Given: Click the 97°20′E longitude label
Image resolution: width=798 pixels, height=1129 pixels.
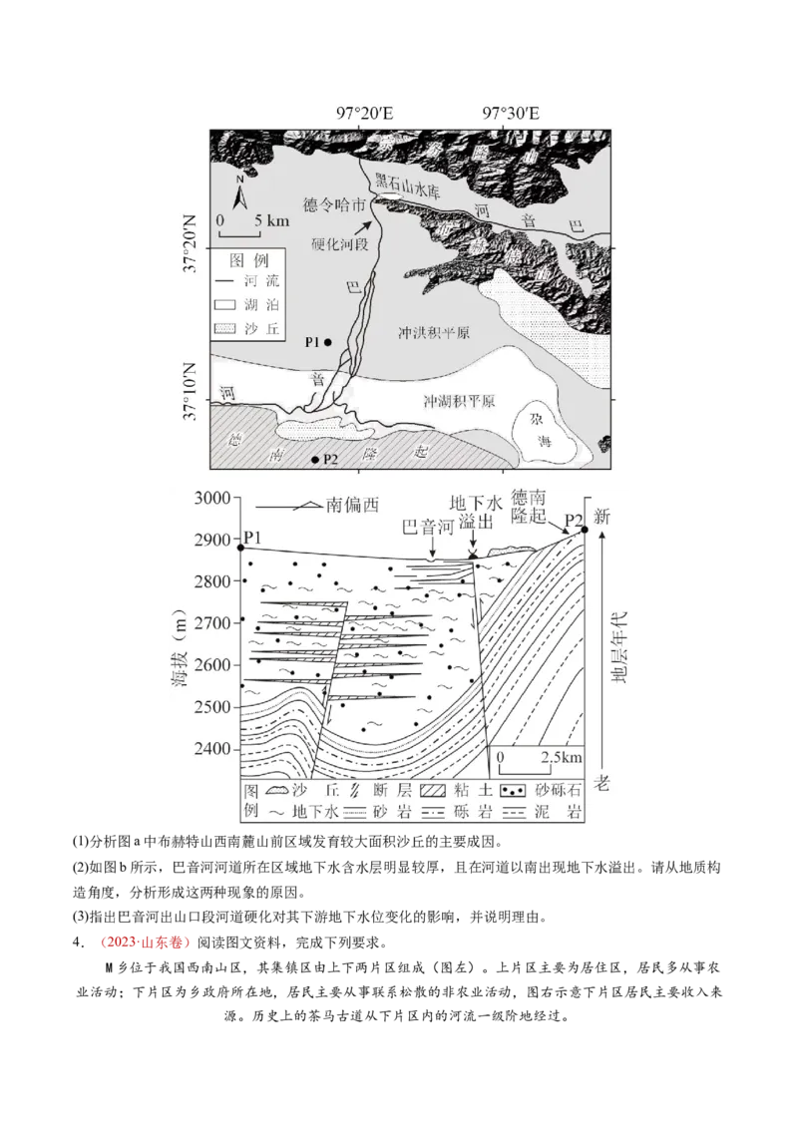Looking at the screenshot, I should tap(364, 113).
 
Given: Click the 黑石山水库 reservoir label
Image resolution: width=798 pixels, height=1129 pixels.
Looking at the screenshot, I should tap(407, 187).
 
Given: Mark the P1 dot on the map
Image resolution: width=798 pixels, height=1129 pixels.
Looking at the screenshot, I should tap(327, 342).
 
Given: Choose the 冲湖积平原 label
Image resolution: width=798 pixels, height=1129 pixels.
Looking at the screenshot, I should tap(459, 401).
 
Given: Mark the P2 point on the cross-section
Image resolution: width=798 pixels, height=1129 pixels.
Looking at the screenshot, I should tap(585, 529).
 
